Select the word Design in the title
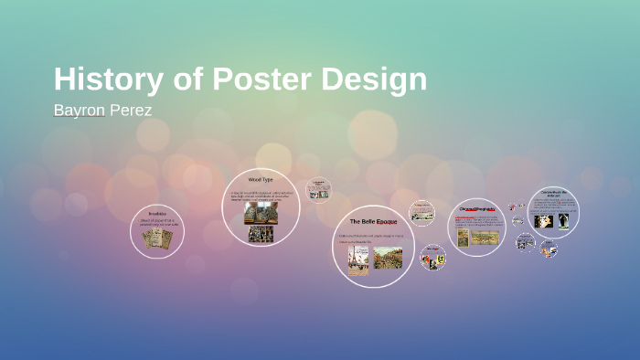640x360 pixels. pyautogui.click(x=377, y=79)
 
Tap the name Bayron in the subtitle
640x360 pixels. pyautogui.click(x=80, y=111)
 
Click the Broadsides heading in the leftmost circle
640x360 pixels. pyautogui.click(x=157, y=214)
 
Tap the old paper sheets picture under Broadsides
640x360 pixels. pyautogui.click(x=157, y=238)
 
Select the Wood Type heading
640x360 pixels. pyautogui.click(x=261, y=180)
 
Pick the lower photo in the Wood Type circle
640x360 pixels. pyautogui.click(x=261, y=234)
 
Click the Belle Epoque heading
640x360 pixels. pyautogui.click(x=373, y=222)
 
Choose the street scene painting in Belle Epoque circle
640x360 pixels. pyautogui.click(x=387, y=258)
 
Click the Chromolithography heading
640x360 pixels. pyautogui.click(x=476, y=209)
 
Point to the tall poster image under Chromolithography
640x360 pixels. pyautogui.click(x=463, y=238)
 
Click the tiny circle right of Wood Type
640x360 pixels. pyautogui.click(x=317, y=189)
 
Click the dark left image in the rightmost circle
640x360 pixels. pyautogui.click(x=543, y=220)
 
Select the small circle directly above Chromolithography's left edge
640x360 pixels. pyautogui.click(x=421, y=211)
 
